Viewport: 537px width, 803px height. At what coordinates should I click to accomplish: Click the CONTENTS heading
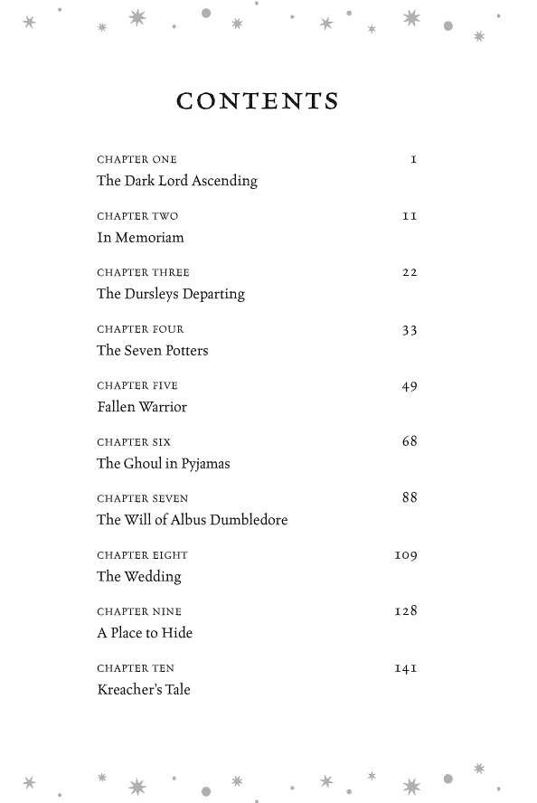258,101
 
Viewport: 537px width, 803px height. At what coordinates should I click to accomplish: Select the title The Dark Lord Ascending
177,181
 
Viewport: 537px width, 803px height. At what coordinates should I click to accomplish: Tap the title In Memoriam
140,238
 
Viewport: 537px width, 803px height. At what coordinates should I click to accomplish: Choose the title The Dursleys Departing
171,294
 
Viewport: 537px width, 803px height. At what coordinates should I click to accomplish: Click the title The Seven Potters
153,351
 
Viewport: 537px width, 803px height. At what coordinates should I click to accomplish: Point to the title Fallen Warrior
142,407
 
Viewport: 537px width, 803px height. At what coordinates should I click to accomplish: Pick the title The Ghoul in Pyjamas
164,464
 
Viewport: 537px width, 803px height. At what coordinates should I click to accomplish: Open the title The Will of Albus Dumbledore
193,520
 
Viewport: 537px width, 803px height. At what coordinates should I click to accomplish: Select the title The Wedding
139,577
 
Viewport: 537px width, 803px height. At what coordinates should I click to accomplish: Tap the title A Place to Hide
145,633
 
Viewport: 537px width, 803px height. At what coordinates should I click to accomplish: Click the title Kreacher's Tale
144,690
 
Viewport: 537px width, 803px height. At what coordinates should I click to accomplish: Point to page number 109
406,555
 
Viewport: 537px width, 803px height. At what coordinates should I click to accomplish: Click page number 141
406,668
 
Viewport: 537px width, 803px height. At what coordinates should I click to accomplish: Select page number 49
410,386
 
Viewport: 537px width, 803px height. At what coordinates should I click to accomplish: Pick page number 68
410,442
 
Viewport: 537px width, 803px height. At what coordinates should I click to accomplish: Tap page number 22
410,272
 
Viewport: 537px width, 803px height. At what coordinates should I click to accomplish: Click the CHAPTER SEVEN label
143,499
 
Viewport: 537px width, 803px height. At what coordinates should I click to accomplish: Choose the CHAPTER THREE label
144,272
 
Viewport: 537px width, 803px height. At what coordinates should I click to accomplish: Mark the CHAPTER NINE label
139,612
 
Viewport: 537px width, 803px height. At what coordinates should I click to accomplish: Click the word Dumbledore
249,520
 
